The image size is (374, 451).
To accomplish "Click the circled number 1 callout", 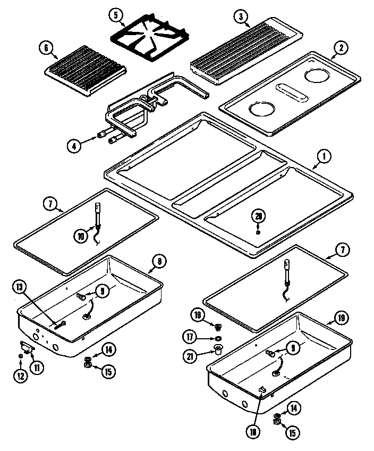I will tap(324, 156).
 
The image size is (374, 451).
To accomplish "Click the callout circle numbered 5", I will tap(116, 15).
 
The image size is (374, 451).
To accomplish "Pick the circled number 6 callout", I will tap(47, 48).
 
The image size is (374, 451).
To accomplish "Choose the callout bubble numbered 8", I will tap(159, 261).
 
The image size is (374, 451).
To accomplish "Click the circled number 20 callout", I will tap(258, 216).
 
